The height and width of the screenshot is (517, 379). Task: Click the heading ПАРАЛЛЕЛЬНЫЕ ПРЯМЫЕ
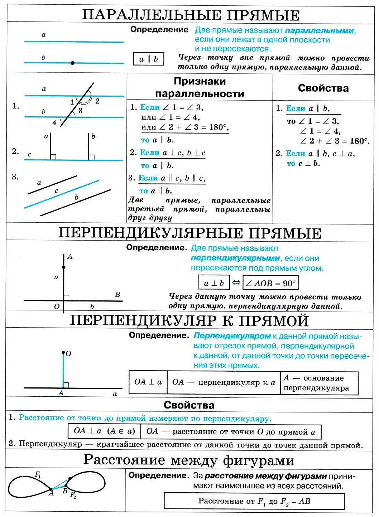[x=191, y=15]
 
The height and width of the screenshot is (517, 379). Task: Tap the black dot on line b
[x=73, y=63]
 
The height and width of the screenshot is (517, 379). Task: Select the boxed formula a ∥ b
[x=148, y=59]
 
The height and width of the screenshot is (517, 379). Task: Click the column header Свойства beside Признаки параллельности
[x=323, y=88]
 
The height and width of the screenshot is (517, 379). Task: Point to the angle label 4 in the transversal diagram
[x=54, y=123]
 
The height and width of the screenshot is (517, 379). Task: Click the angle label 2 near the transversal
[x=97, y=101]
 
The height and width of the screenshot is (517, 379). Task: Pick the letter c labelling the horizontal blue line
[x=29, y=155]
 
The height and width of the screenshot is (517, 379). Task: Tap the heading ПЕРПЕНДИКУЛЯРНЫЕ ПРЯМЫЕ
[x=190, y=233]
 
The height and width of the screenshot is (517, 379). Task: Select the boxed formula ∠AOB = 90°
[x=270, y=283]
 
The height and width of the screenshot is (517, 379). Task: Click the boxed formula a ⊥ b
[x=214, y=283]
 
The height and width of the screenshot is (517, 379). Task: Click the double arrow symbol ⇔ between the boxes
[x=236, y=282]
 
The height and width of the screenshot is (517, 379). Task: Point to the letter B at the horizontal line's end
[x=117, y=295]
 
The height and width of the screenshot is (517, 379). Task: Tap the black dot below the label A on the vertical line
[x=64, y=267]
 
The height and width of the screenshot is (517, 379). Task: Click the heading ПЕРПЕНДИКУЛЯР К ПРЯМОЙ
[x=189, y=320]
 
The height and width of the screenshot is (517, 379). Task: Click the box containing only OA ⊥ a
[x=148, y=382]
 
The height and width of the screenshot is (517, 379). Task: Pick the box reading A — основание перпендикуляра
[x=319, y=383]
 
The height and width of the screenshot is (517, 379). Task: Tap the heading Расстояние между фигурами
[x=189, y=460]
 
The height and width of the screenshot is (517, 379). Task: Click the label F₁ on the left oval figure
[x=38, y=475]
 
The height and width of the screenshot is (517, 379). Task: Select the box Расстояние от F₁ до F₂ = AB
[x=254, y=501]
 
